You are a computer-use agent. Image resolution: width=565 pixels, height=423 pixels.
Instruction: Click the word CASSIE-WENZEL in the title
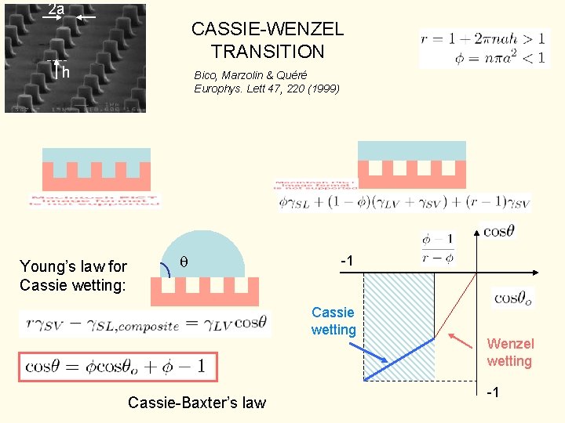(267, 30)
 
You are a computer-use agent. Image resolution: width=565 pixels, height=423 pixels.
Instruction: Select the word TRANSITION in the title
(267, 52)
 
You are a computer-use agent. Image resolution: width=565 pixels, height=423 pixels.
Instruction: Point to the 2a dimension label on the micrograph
(56, 9)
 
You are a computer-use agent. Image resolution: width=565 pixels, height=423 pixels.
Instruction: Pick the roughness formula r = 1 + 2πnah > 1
(484, 38)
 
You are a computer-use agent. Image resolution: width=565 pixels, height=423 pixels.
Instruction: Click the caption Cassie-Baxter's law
(196, 403)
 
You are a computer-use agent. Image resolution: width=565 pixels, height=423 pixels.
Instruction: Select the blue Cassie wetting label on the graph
(334, 321)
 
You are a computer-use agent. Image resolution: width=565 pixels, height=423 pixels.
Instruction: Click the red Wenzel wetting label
(509, 352)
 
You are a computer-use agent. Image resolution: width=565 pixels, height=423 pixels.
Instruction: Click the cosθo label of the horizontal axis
(515, 298)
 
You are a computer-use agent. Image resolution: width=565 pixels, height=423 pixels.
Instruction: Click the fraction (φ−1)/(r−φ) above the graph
(438, 247)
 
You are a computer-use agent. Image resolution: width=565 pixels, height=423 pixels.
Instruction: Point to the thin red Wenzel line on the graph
(456, 306)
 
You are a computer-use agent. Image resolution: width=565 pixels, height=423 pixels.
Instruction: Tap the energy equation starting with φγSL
(415, 202)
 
